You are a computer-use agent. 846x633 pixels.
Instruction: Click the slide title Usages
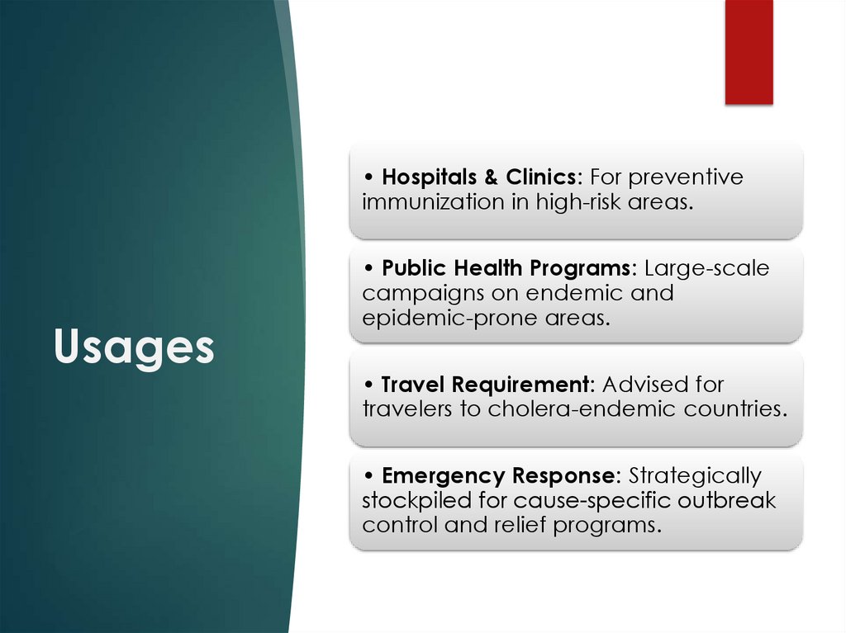134,347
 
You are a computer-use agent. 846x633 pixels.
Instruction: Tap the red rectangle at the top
749,52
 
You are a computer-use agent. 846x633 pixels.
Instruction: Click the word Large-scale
706,268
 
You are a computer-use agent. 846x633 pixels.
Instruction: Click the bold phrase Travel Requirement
485,385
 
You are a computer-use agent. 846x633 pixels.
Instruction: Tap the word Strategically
695,476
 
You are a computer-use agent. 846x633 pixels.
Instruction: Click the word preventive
692,177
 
